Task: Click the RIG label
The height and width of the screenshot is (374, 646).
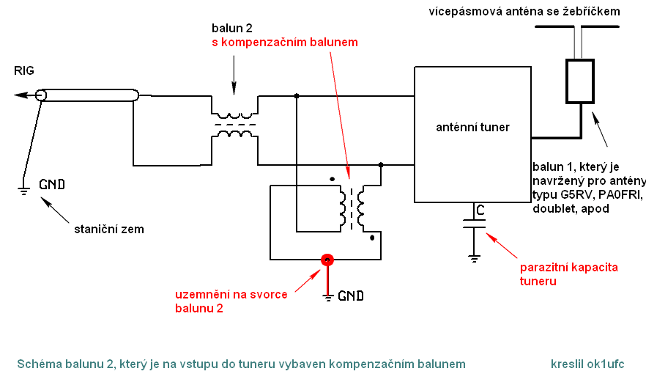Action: coord(24,70)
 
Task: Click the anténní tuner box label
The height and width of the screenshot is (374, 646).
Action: coord(472,127)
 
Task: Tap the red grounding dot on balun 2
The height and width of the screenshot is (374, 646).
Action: coord(327,260)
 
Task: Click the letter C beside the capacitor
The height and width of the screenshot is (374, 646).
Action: coord(480,210)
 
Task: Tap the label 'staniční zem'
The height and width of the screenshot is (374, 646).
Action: coord(109,229)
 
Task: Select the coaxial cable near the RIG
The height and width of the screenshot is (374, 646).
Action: coord(88,95)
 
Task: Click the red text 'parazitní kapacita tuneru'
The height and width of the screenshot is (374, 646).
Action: coord(563,274)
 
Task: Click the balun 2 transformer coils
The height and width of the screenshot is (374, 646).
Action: coord(234,125)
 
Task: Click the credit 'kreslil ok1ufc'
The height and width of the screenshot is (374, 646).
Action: coord(587,364)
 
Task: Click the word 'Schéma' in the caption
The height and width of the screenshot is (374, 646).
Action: coord(35,364)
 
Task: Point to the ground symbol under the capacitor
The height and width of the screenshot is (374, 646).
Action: coord(474,257)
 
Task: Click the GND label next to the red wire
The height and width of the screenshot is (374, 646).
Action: coord(350,296)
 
